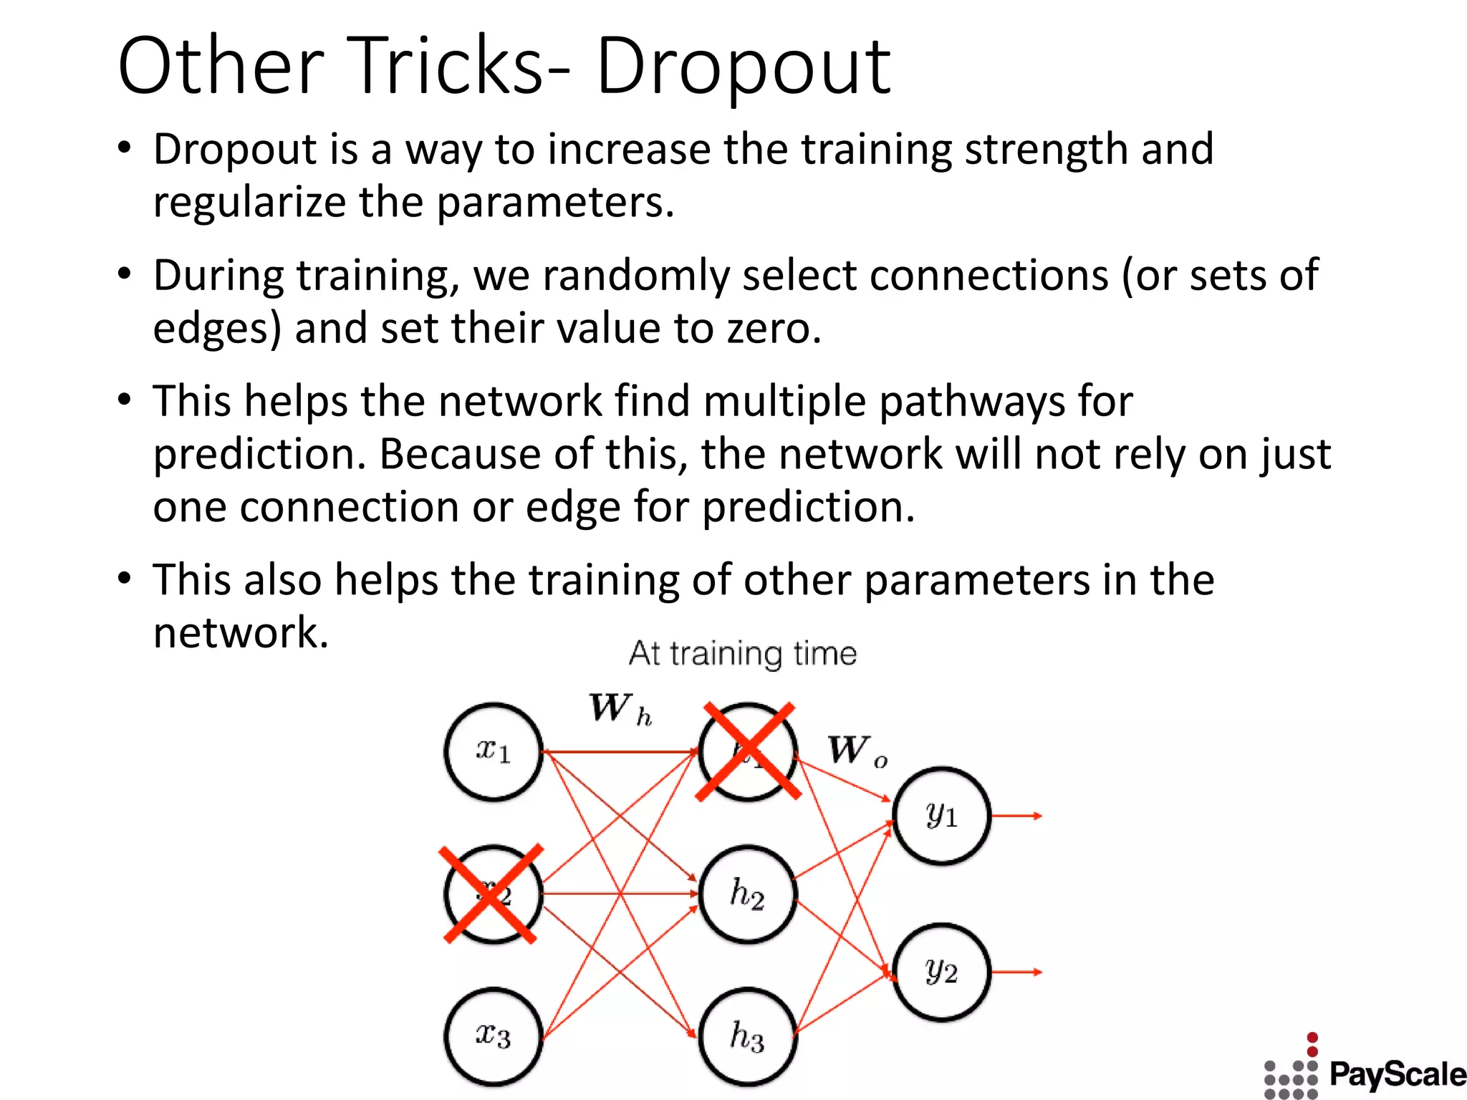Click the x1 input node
pos(493,751)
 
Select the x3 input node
pos(493,1036)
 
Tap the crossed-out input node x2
pos(493,894)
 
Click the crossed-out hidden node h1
pos(748,751)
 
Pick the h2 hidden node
pos(748,894)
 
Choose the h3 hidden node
pos(748,1036)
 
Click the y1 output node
pos(941,816)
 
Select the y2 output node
pos(941,972)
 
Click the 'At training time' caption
pos(743,654)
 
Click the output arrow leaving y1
pos(1017,816)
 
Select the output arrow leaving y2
pos(1017,972)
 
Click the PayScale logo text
pos(1397,1074)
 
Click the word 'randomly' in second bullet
pos(638,276)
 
